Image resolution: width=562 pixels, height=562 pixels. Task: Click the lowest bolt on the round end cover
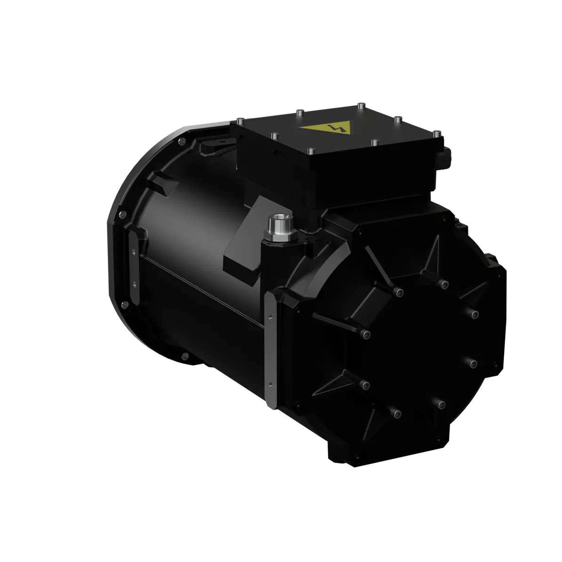point(397,414)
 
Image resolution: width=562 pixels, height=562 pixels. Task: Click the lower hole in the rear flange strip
point(134,284)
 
